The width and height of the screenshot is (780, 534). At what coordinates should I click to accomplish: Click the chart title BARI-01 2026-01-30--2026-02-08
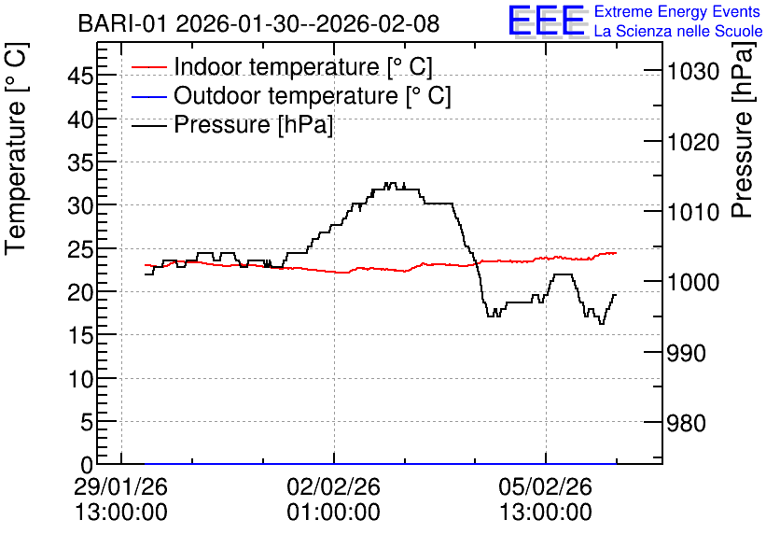258,23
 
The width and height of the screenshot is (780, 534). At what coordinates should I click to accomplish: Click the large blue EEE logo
547,21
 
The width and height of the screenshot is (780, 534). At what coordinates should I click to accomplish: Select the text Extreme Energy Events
677,11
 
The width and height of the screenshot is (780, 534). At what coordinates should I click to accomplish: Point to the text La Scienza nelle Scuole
678,31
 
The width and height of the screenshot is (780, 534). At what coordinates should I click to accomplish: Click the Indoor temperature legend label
303,66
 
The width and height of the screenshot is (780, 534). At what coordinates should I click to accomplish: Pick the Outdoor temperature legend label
313,95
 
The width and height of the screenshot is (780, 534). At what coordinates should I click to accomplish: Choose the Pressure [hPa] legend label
253,124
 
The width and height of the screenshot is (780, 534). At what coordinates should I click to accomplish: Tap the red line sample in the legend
148,67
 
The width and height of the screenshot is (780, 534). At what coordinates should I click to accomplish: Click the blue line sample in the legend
148,96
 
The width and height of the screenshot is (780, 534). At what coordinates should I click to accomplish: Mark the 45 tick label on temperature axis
80,77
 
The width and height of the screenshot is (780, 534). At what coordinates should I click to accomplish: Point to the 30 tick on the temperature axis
80,205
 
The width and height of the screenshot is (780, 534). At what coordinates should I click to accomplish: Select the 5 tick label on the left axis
87,423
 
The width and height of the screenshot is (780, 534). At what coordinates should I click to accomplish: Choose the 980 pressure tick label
687,423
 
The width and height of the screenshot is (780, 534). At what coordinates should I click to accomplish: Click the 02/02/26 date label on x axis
333,486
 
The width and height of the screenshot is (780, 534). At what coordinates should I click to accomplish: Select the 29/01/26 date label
121,486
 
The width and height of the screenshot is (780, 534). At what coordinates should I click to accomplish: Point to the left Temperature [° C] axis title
16,149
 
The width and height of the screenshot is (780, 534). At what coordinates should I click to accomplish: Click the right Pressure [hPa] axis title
742,130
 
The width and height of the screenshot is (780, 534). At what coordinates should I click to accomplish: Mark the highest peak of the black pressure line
390,183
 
